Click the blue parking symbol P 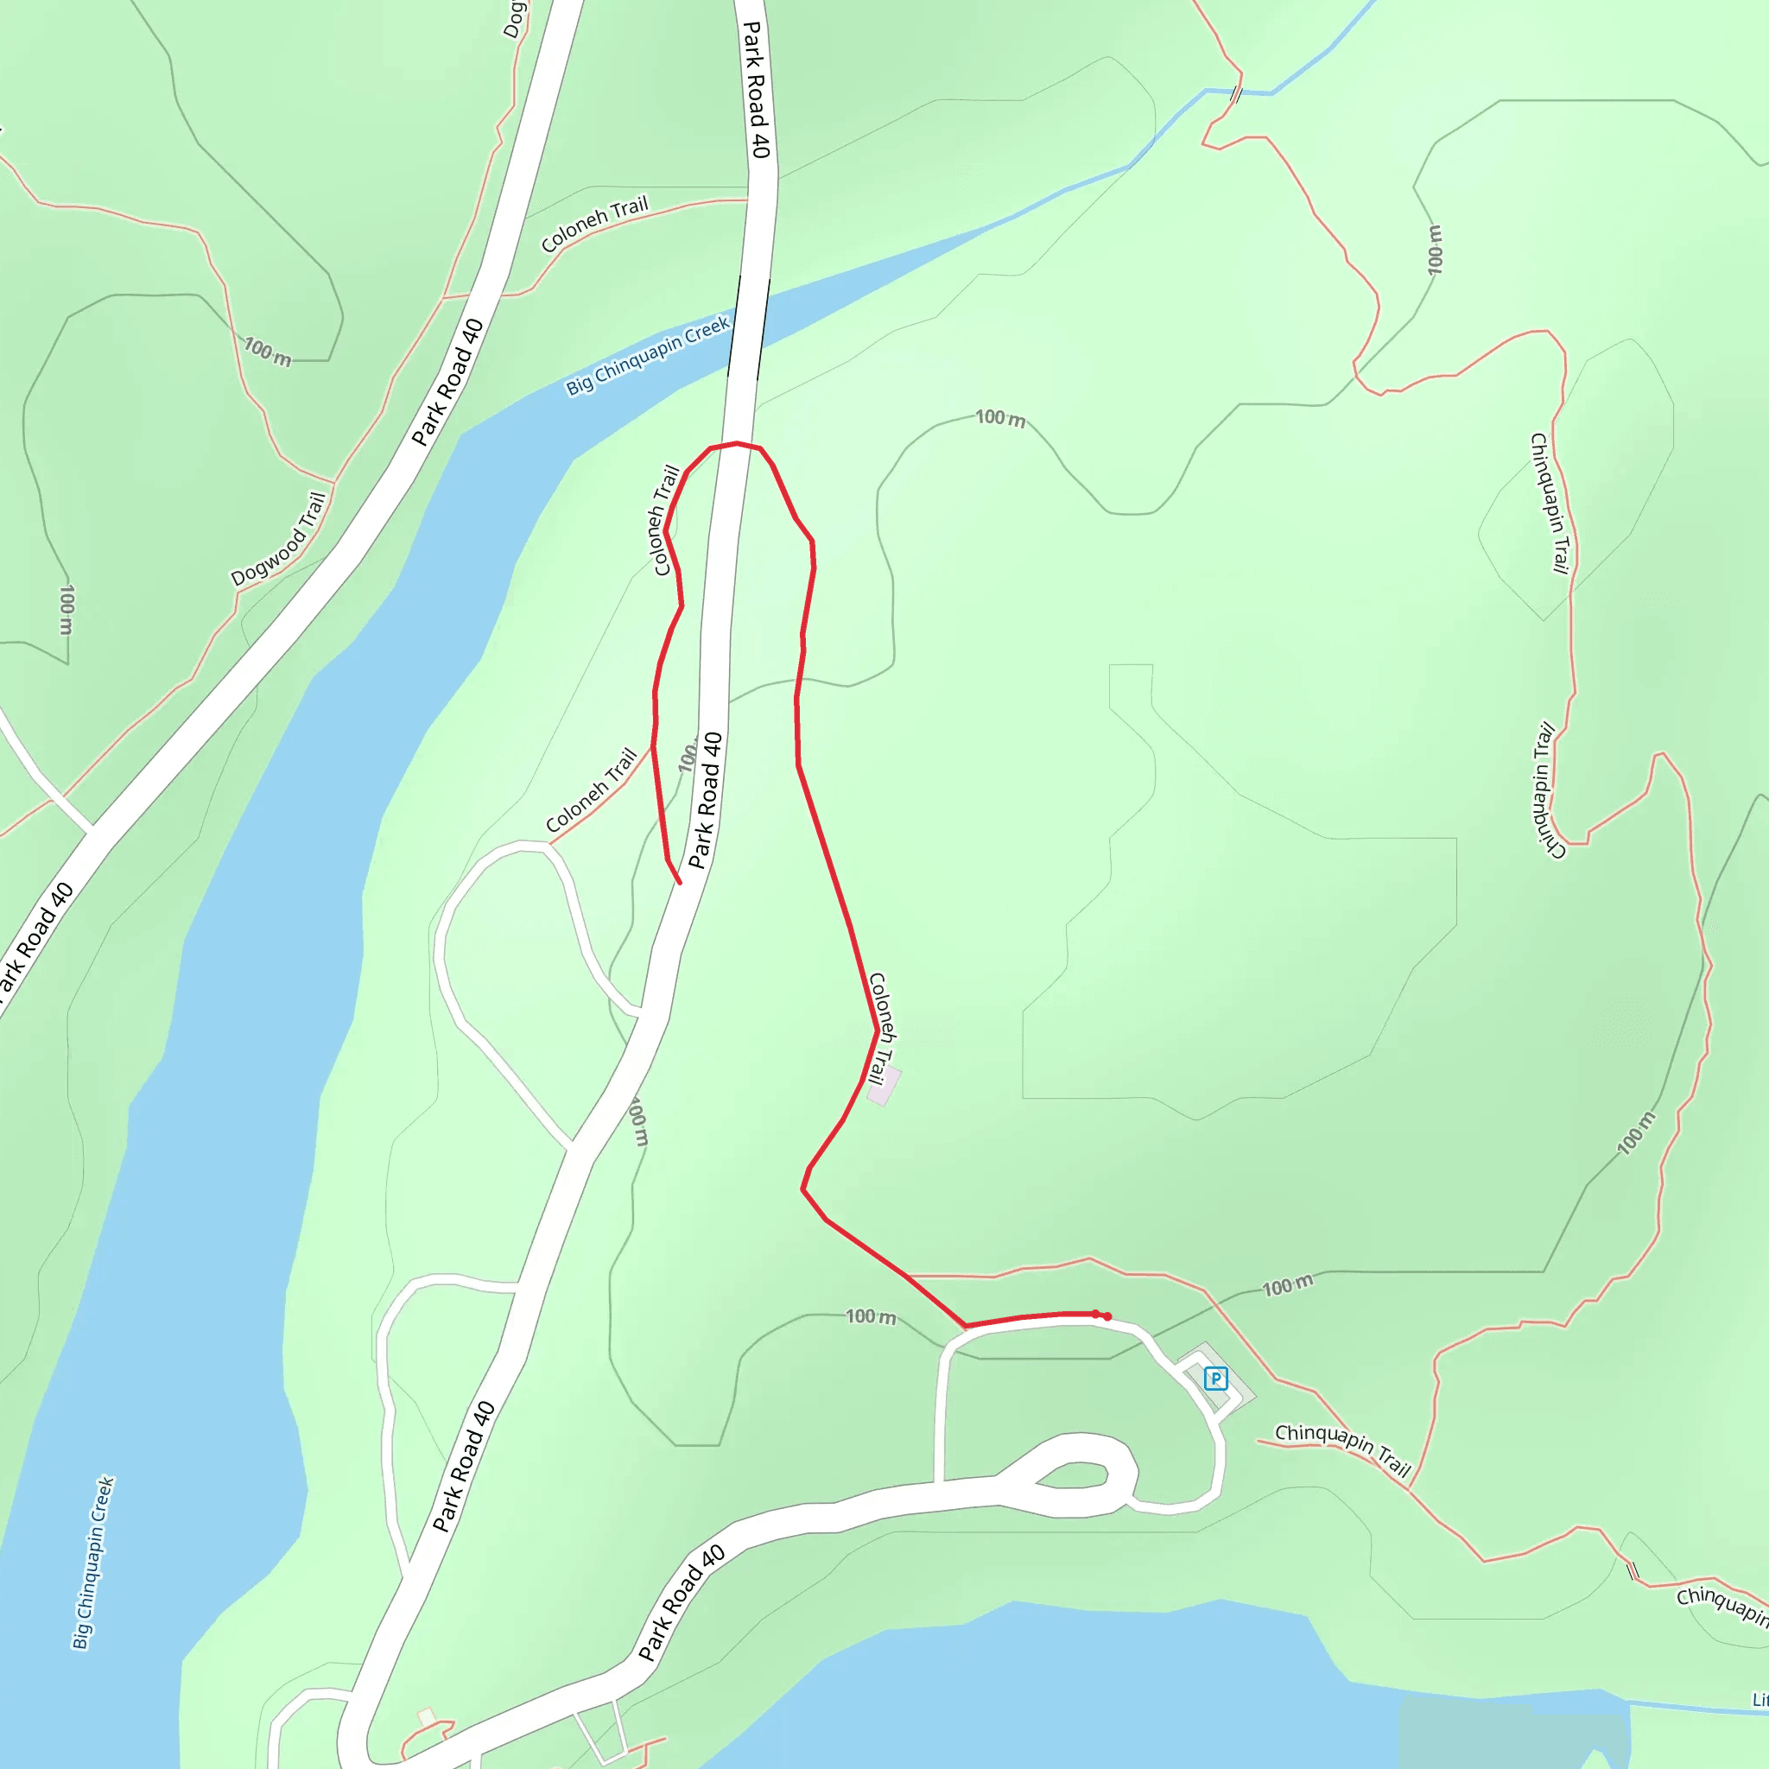tap(1215, 1378)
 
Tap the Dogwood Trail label tap(278, 539)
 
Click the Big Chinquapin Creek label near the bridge tap(647, 354)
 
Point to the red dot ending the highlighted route tap(1107, 1316)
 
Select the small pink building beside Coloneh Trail tap(884, 1086)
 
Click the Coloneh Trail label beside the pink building tap(881, 1028)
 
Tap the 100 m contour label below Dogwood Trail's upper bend tap(268, 352)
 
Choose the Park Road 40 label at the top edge tap(756, 89)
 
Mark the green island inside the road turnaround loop tap(1072, 1475)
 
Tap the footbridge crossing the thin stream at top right tap(1236, 94)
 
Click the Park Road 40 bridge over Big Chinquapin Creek tap(748, 327)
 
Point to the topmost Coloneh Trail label tap(594, 225)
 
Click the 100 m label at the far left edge tap(66, 610)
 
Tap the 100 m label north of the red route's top tap(1000, 418)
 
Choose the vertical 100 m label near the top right tap(1435, 249)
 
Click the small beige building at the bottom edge tap(426, 1717)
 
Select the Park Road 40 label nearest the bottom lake tap(682, 1603)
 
